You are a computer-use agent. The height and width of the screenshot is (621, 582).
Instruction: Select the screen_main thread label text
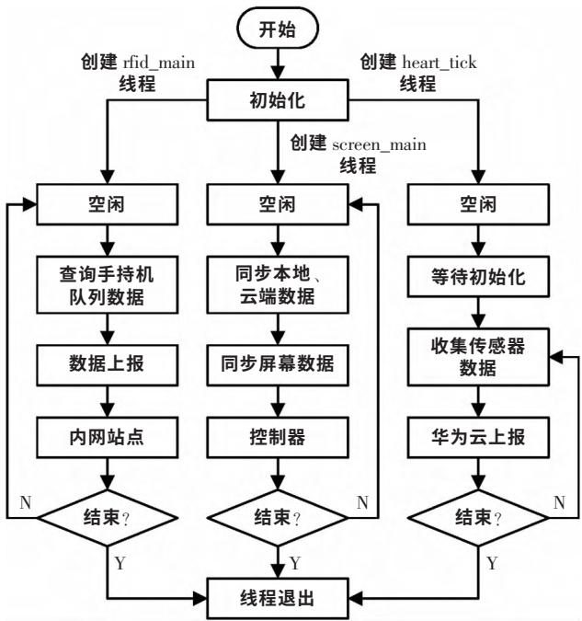(363, 154)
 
